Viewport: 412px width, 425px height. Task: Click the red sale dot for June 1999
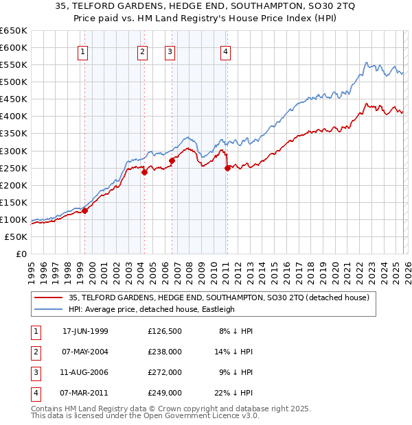[85, 210]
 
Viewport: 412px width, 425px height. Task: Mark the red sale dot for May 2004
[144, 172]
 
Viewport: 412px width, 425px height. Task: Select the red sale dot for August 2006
[172, 160]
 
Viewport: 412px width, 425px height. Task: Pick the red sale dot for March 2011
[227, 168]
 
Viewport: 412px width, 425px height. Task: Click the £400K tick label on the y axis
[13, 116]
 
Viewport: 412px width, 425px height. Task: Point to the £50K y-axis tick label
[16, 236]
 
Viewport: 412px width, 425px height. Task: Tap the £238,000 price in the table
[165, 352]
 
